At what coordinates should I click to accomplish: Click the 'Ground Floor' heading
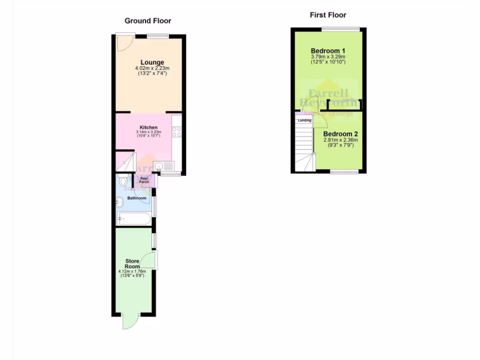[x=148, y=21]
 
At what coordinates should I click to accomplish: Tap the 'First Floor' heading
[x=328, y=15]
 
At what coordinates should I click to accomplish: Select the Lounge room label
[x=152, y=62]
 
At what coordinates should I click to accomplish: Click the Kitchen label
[x=149, y=127]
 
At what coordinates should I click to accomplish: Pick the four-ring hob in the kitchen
[x=177, y=132]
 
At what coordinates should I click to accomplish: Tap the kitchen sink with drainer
[x=163, y=166]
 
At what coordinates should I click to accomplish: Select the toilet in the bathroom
[x=123, y=180]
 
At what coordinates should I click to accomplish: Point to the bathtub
[x=134, y=218]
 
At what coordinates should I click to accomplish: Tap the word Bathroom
[x=137, y=198]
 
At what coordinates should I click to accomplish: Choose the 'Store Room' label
[x=132, y=263]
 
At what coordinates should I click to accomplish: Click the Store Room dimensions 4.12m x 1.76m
[x=132, y=271]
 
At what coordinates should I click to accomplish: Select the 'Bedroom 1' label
[x=328, y=51]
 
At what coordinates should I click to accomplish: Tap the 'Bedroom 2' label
[x=340, y=134]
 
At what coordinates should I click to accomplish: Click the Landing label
[x=304, y=120]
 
